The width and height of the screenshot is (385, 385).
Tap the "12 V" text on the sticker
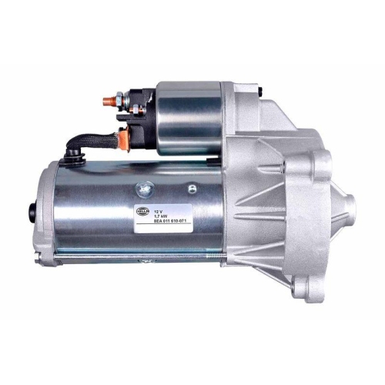pos(159,209)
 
